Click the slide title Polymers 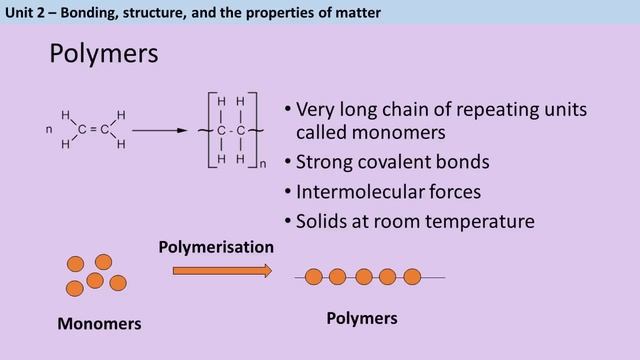(103, 54)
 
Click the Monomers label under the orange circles (99, 324)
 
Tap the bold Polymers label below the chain (362, 318)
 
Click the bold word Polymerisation (216, 245)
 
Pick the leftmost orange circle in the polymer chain (313, 277)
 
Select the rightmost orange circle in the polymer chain (412, 277)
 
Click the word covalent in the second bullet (396, 161)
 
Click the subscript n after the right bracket (263, 161)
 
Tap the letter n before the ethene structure (49, 129)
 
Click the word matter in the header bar (357, 12)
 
